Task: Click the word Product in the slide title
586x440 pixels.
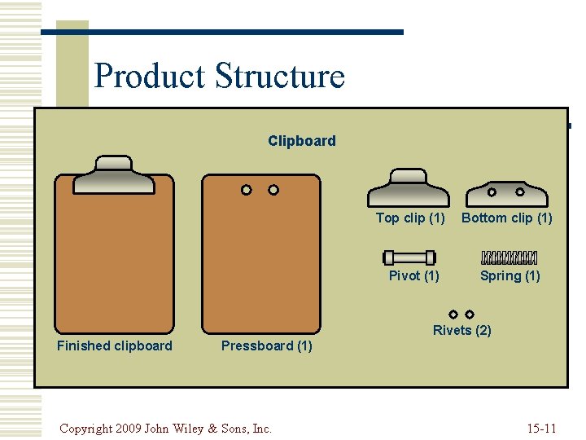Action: click(149, 77)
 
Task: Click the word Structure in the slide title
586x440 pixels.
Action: click(279, 77)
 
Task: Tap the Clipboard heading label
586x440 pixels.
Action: click(301, 141)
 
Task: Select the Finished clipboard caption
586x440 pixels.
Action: click(115, 345)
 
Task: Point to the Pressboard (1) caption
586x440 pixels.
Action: click(267, 345)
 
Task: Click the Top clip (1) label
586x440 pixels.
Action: click(410, 218)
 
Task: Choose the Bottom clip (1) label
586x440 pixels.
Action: click(507, 218)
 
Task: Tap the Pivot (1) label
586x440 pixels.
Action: click(413, 275)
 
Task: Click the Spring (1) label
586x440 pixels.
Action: click(509, 275)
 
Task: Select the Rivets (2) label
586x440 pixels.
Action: click(461, 330)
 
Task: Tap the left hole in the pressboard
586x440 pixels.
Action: click(246, 190)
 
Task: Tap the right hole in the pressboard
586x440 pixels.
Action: click(273, 190)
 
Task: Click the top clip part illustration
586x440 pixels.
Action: click(408, 188)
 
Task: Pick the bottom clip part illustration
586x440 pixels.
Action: click(506, 193)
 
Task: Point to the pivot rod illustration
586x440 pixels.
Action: click(409, 257)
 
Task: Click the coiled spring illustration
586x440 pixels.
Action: click(509, 257)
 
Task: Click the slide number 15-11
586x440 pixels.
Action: click(541, 428)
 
